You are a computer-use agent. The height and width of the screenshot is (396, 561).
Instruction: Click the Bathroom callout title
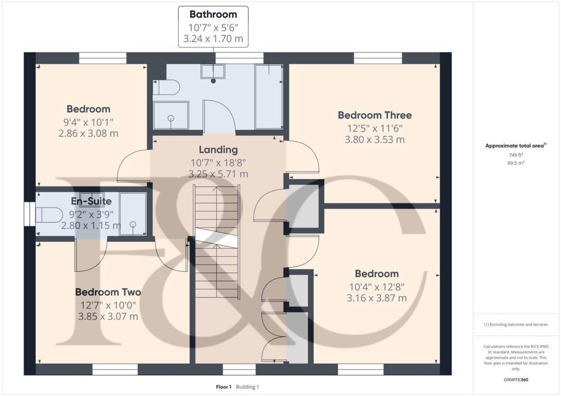coord(213,14)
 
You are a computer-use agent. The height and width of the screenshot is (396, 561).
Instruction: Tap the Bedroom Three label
coord(374,115)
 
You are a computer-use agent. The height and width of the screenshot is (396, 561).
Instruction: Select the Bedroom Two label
coord(108,292)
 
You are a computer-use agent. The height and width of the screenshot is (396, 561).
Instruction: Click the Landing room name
coord(218,149)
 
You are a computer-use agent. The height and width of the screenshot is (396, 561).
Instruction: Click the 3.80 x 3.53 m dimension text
coord(374,139)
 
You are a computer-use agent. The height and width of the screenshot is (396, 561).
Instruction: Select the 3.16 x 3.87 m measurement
coord(376,298)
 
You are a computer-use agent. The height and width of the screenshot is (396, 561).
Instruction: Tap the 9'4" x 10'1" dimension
coord(88,121)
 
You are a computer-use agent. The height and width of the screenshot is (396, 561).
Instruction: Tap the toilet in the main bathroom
coord(167,88)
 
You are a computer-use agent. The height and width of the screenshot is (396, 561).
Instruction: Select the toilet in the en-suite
coord(49,214)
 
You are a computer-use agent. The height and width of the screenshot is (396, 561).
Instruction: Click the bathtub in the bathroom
coord(268,96)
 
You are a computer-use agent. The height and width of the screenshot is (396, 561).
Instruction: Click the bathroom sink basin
coord(213,72)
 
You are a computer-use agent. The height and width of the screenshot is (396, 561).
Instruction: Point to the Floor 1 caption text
coord(224,387)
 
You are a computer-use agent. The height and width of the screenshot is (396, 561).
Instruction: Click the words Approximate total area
coord(511,145)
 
